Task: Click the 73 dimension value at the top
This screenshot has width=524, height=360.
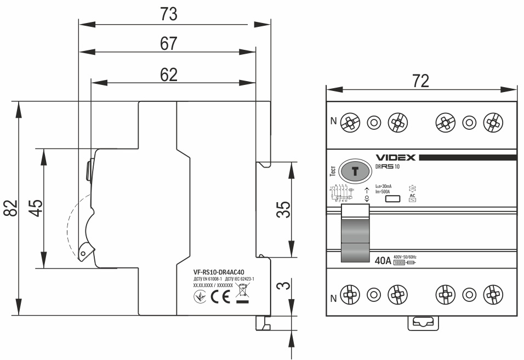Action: (169, 15)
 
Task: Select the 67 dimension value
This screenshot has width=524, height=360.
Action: (168, 44)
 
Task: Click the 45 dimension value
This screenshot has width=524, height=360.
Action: (36, 208)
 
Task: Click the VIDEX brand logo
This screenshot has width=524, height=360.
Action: (396, 158)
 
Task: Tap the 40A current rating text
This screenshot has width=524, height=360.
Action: (383, 261)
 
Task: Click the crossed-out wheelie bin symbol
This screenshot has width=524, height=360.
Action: (242, 295)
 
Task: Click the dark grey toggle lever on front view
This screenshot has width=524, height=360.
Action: (355, 232)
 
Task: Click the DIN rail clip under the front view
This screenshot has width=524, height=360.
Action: (421, 323)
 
